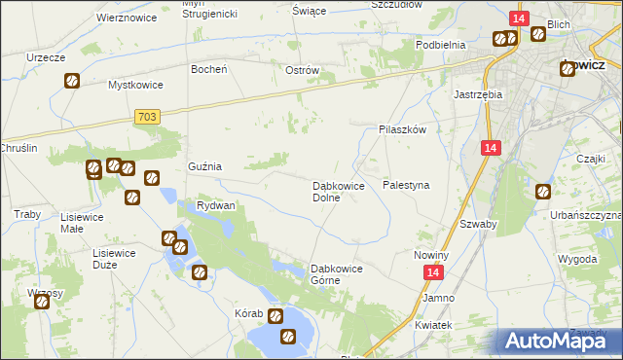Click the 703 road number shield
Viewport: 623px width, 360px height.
[145, 117]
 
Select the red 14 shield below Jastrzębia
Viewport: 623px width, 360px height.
[491, 147]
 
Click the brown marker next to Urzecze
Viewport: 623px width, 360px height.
[72, 81]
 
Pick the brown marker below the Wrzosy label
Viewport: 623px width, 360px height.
[43, 302]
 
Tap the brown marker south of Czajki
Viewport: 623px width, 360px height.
[542, 192]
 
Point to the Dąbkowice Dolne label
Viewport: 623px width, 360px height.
[338, 191]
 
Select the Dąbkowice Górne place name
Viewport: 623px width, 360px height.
[336, 274]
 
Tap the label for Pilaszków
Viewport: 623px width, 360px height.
[403, 128]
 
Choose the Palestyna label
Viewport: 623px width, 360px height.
[406, 184]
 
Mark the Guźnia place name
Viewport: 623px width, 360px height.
[204, 166]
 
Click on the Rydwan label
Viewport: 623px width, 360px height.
[216, 206]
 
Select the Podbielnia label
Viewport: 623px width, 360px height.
[441, 45]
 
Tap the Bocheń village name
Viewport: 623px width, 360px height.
[209, 69]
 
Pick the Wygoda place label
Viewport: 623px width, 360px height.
[577, 260]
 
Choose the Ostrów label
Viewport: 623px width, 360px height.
[303, 70]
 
